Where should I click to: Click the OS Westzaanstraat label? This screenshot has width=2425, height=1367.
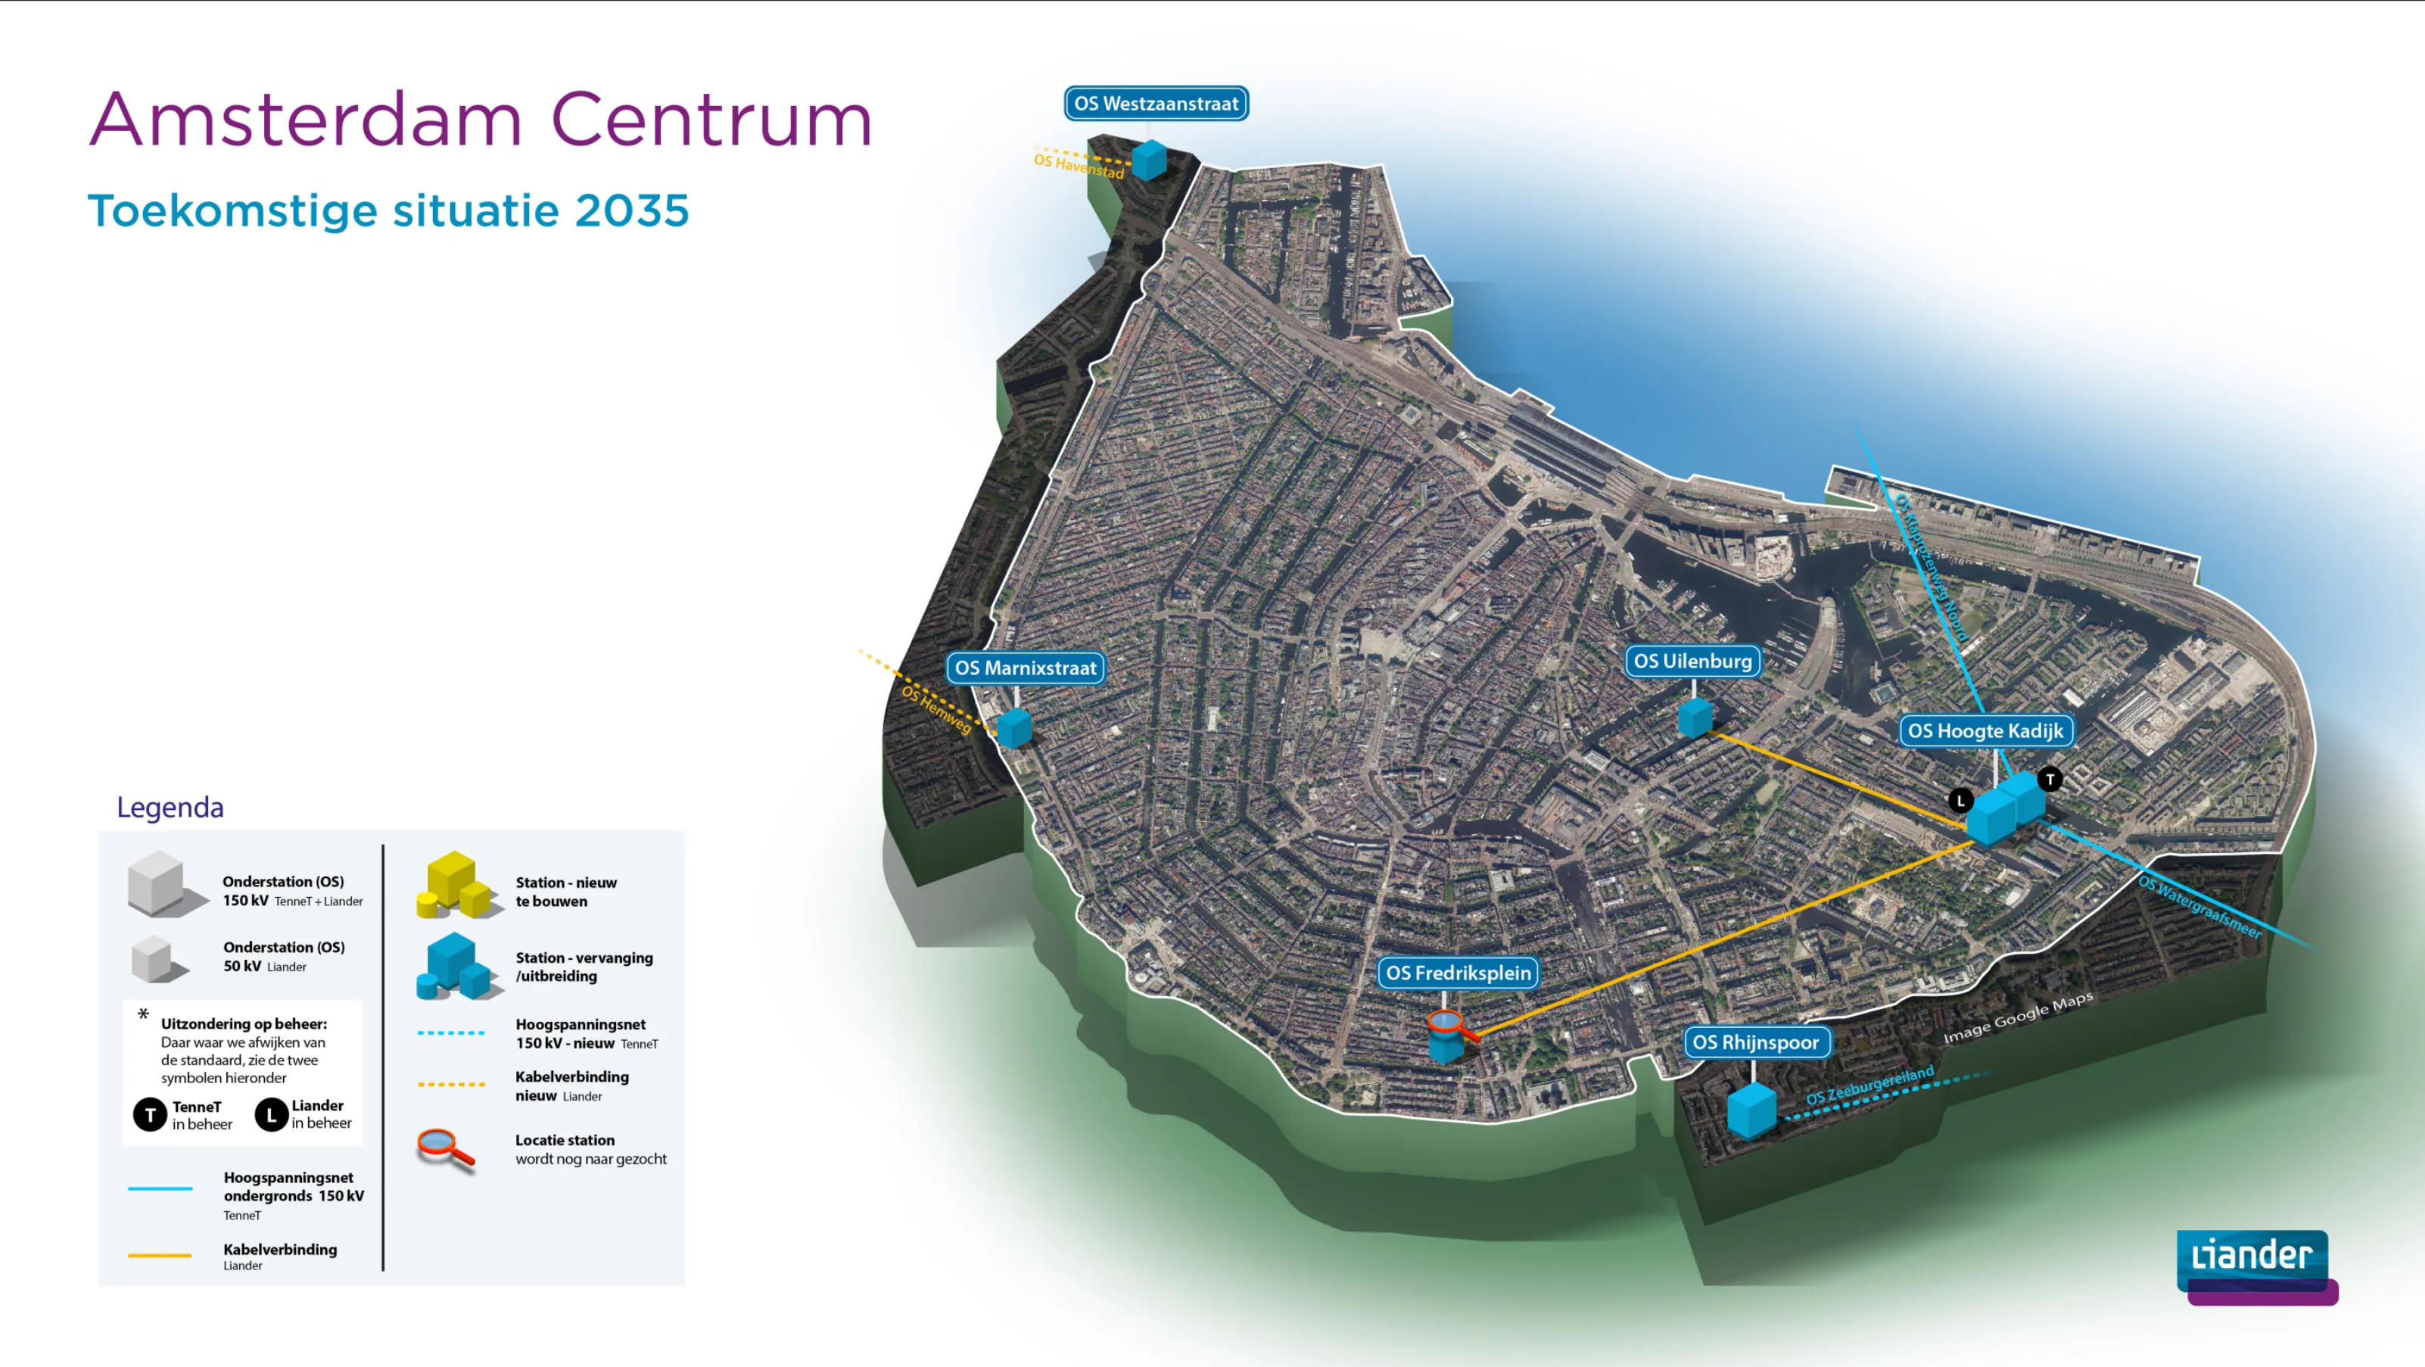coord(1156,104)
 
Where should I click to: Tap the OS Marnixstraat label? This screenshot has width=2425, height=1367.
coord(1025,668)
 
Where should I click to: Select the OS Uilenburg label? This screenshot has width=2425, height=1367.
coord(1692,661)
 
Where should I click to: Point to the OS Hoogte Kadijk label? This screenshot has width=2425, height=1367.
coord(1985,730)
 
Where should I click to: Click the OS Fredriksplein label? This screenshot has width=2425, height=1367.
coord(1458,973)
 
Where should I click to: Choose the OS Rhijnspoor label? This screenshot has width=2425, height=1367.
coord(1756,1042)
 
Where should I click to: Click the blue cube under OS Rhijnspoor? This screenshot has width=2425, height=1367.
coord(1751,1111)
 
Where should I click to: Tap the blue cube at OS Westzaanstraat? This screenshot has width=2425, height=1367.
coord(1150,160)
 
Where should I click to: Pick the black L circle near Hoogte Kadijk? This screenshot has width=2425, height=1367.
coord(1960,801)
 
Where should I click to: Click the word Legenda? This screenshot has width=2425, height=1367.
coord(170,807)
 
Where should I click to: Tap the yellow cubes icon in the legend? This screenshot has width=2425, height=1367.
coord(454,885)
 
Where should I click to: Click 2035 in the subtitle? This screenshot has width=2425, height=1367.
coord(632,210)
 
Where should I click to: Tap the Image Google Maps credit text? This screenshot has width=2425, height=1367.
coord(2017,1018)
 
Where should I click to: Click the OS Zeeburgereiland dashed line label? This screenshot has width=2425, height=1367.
coord(1869,1085)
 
